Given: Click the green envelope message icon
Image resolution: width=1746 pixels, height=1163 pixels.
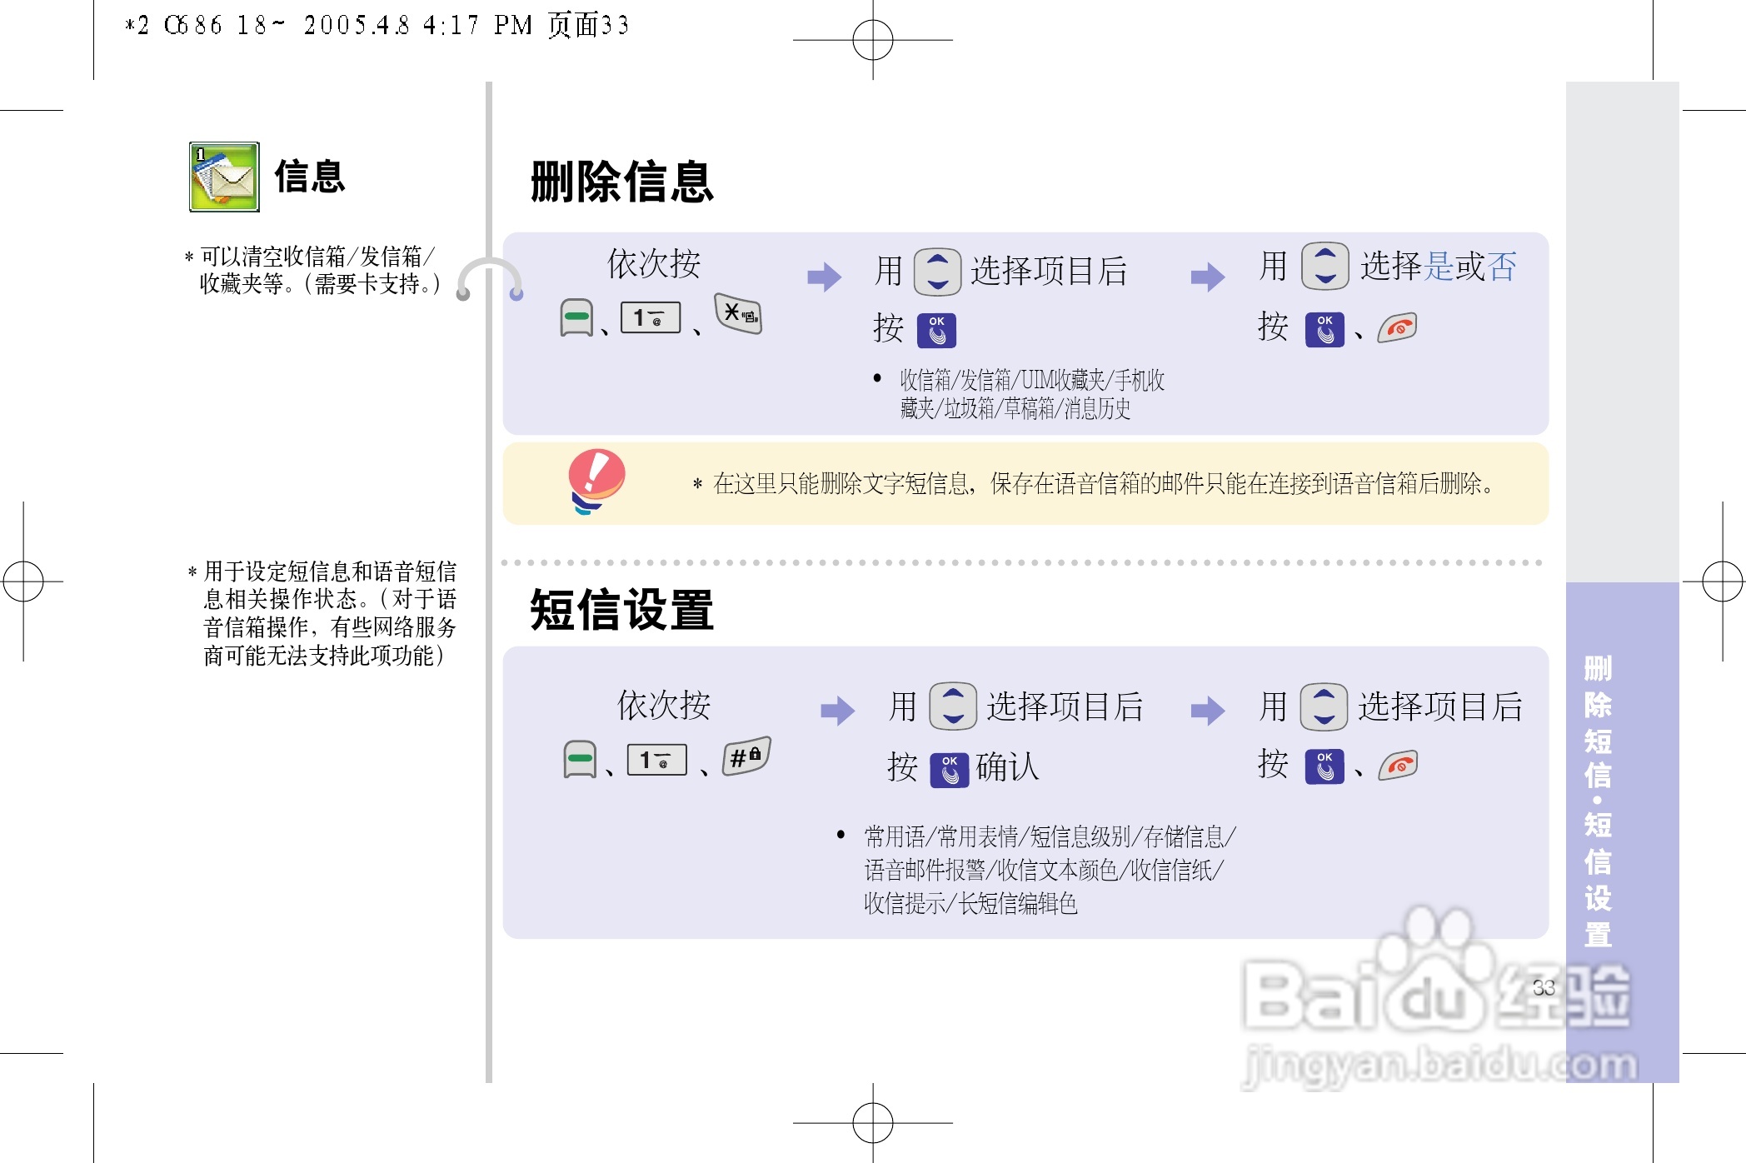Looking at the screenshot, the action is [x=224, y=177].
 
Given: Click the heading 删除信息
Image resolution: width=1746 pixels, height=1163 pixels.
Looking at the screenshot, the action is [x=622, y=182].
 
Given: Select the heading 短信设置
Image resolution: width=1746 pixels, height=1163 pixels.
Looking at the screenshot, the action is [x=622, y=610].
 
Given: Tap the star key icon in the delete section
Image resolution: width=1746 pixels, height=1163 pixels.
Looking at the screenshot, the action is [x=738, y=314].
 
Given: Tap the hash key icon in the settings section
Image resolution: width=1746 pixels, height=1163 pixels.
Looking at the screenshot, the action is [x=746, y=756].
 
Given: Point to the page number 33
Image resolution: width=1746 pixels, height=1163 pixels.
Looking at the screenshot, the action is [x=1544, y=987].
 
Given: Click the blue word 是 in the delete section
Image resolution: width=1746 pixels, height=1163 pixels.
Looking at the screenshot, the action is [x=1440, y=267].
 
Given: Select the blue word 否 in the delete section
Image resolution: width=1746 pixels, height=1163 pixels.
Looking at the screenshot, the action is [x=1502, y=267].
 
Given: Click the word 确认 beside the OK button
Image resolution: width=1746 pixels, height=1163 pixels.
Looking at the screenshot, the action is [x=1008, y=766].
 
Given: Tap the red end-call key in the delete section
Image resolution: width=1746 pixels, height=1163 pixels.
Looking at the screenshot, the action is [x=1398, y=328].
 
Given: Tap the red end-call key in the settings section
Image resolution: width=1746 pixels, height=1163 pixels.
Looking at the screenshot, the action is [x=1398, y=765].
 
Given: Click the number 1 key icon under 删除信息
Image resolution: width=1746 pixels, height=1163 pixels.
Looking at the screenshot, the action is [x=651, y=317].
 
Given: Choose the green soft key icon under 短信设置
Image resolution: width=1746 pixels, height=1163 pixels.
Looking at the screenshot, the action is [x=580, y=759].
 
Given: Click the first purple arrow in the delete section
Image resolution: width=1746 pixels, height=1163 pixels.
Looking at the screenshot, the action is [x=825, y=277].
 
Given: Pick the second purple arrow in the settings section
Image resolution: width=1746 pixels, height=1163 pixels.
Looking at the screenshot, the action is [x=1208, y=711].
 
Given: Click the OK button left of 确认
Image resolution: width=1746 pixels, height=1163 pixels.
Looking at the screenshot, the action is [x=950, y=769].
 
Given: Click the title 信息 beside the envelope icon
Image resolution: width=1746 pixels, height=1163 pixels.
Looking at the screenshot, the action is [x=310, y=177].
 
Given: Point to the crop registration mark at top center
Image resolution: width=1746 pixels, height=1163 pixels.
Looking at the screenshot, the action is [x=873, y=40].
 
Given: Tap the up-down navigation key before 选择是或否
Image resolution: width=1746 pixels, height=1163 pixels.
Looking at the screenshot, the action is [x=1325, y=267].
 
